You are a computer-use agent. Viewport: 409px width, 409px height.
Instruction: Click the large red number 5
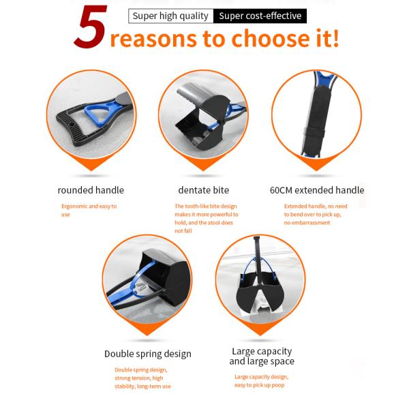click(91, 27)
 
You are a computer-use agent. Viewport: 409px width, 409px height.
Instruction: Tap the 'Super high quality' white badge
click(171, 16)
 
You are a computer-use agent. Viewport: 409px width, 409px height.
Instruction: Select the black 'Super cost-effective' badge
click(260, 16)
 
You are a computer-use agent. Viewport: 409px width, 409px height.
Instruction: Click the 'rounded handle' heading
click(91, 190)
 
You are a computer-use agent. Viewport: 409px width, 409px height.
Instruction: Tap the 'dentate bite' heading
click(204, 190)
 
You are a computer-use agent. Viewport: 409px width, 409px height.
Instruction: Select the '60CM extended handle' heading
click(317, 190)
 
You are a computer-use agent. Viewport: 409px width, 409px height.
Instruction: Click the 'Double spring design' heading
click(148, 354)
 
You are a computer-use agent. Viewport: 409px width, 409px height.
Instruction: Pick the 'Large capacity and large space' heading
click(262, 357)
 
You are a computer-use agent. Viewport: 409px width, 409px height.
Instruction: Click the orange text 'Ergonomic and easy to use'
click(89, 210)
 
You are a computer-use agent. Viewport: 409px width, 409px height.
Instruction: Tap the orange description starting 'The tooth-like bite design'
click(207, 218)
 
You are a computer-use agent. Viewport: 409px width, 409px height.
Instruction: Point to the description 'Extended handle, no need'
click(316, 206)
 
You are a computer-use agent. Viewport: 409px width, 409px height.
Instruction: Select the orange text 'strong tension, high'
click(139, 378)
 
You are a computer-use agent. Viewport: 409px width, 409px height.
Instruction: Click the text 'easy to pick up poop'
click(259, 385)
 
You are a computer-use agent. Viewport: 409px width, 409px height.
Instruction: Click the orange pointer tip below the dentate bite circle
click(203, 170)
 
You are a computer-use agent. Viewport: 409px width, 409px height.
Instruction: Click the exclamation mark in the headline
click(335, 37)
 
